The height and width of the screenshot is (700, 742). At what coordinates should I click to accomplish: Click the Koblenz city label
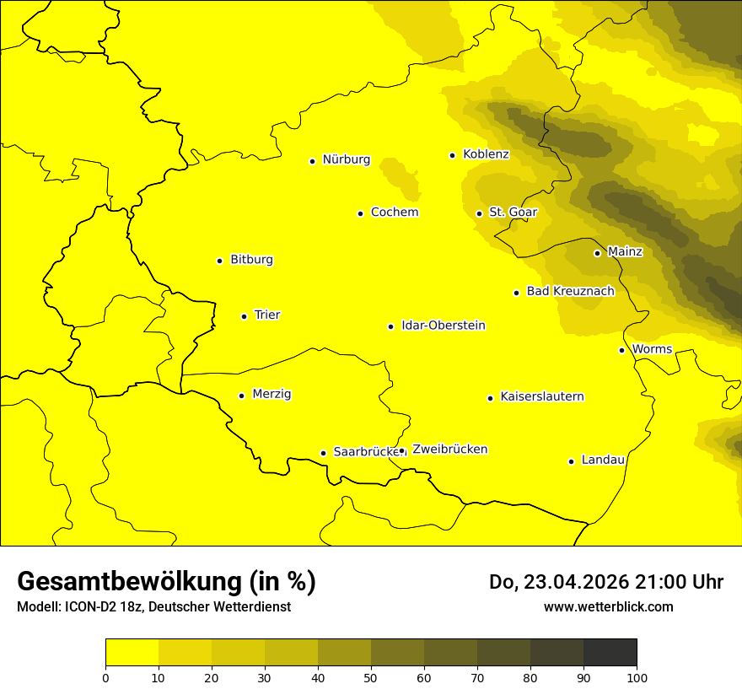coord(486,154)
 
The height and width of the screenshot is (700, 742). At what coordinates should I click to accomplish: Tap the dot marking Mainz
coord(597,253)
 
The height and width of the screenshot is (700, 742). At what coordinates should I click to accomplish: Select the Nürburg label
coord(346,159)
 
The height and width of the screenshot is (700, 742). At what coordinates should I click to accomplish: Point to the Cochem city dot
coord(360,213)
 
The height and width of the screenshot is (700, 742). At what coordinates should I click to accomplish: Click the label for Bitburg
coord(251,260)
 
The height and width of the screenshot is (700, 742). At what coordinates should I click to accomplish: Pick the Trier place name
coord(267,315)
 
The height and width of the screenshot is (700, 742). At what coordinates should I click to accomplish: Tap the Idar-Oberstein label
coord(444,326)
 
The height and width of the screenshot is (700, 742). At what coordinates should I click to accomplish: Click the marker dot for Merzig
coord(241,396)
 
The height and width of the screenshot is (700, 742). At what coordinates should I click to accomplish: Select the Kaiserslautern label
coord(542,396)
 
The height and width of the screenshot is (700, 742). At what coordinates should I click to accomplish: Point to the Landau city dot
coord(571,461)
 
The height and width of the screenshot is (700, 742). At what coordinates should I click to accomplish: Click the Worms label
coord(652,349)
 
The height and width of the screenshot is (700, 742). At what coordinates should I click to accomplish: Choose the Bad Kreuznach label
coord(570,291)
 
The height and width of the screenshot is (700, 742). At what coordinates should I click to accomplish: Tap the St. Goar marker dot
coord(479,213)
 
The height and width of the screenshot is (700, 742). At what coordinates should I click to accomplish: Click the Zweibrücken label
coord(449,450)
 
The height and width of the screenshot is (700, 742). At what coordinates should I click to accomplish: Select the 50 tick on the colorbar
coord(371,676)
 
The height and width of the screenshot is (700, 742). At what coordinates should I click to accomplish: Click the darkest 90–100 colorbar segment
coord(610,652)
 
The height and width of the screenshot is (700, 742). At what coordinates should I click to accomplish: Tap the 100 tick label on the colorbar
coord(637,676)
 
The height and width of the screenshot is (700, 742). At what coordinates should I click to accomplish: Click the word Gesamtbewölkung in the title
coord(129,582)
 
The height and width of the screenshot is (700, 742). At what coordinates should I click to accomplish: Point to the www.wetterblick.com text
coord(608,606)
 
